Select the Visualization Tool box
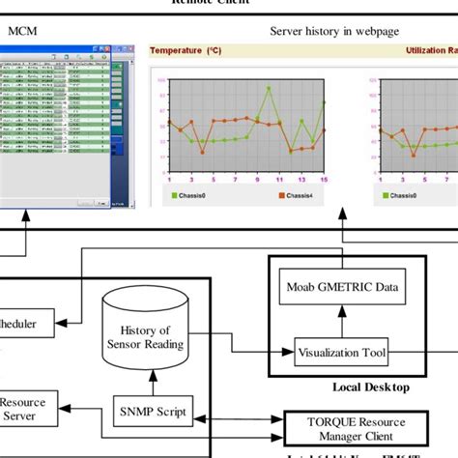pos(341,354)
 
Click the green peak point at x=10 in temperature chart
pos(267,88)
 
